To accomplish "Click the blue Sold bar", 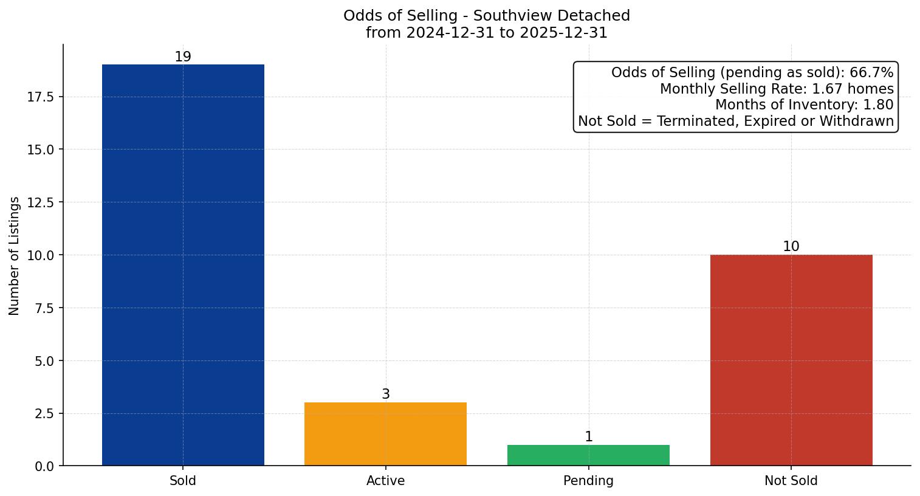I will point(183,265).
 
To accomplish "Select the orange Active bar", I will point(385,434).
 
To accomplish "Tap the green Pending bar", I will point(588,455).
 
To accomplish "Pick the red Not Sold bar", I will point(791,360).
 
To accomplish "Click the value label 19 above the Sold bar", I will point(183,57).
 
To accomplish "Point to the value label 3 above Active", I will point(385,394).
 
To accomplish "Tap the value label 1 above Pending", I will point(588,437).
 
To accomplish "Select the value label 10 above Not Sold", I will point(791,247).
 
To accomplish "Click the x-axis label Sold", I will point(183,481).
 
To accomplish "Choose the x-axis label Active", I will point(385,481).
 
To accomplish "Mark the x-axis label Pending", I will point(588,481).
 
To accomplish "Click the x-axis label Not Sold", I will point(791,481).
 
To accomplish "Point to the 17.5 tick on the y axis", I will point(41,97).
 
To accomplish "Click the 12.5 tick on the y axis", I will point(41,202).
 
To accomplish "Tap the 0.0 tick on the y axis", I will point(44,466).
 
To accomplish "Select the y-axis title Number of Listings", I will point(15,255).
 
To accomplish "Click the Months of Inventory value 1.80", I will point(878,105).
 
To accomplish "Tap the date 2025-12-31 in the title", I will point(563,33).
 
